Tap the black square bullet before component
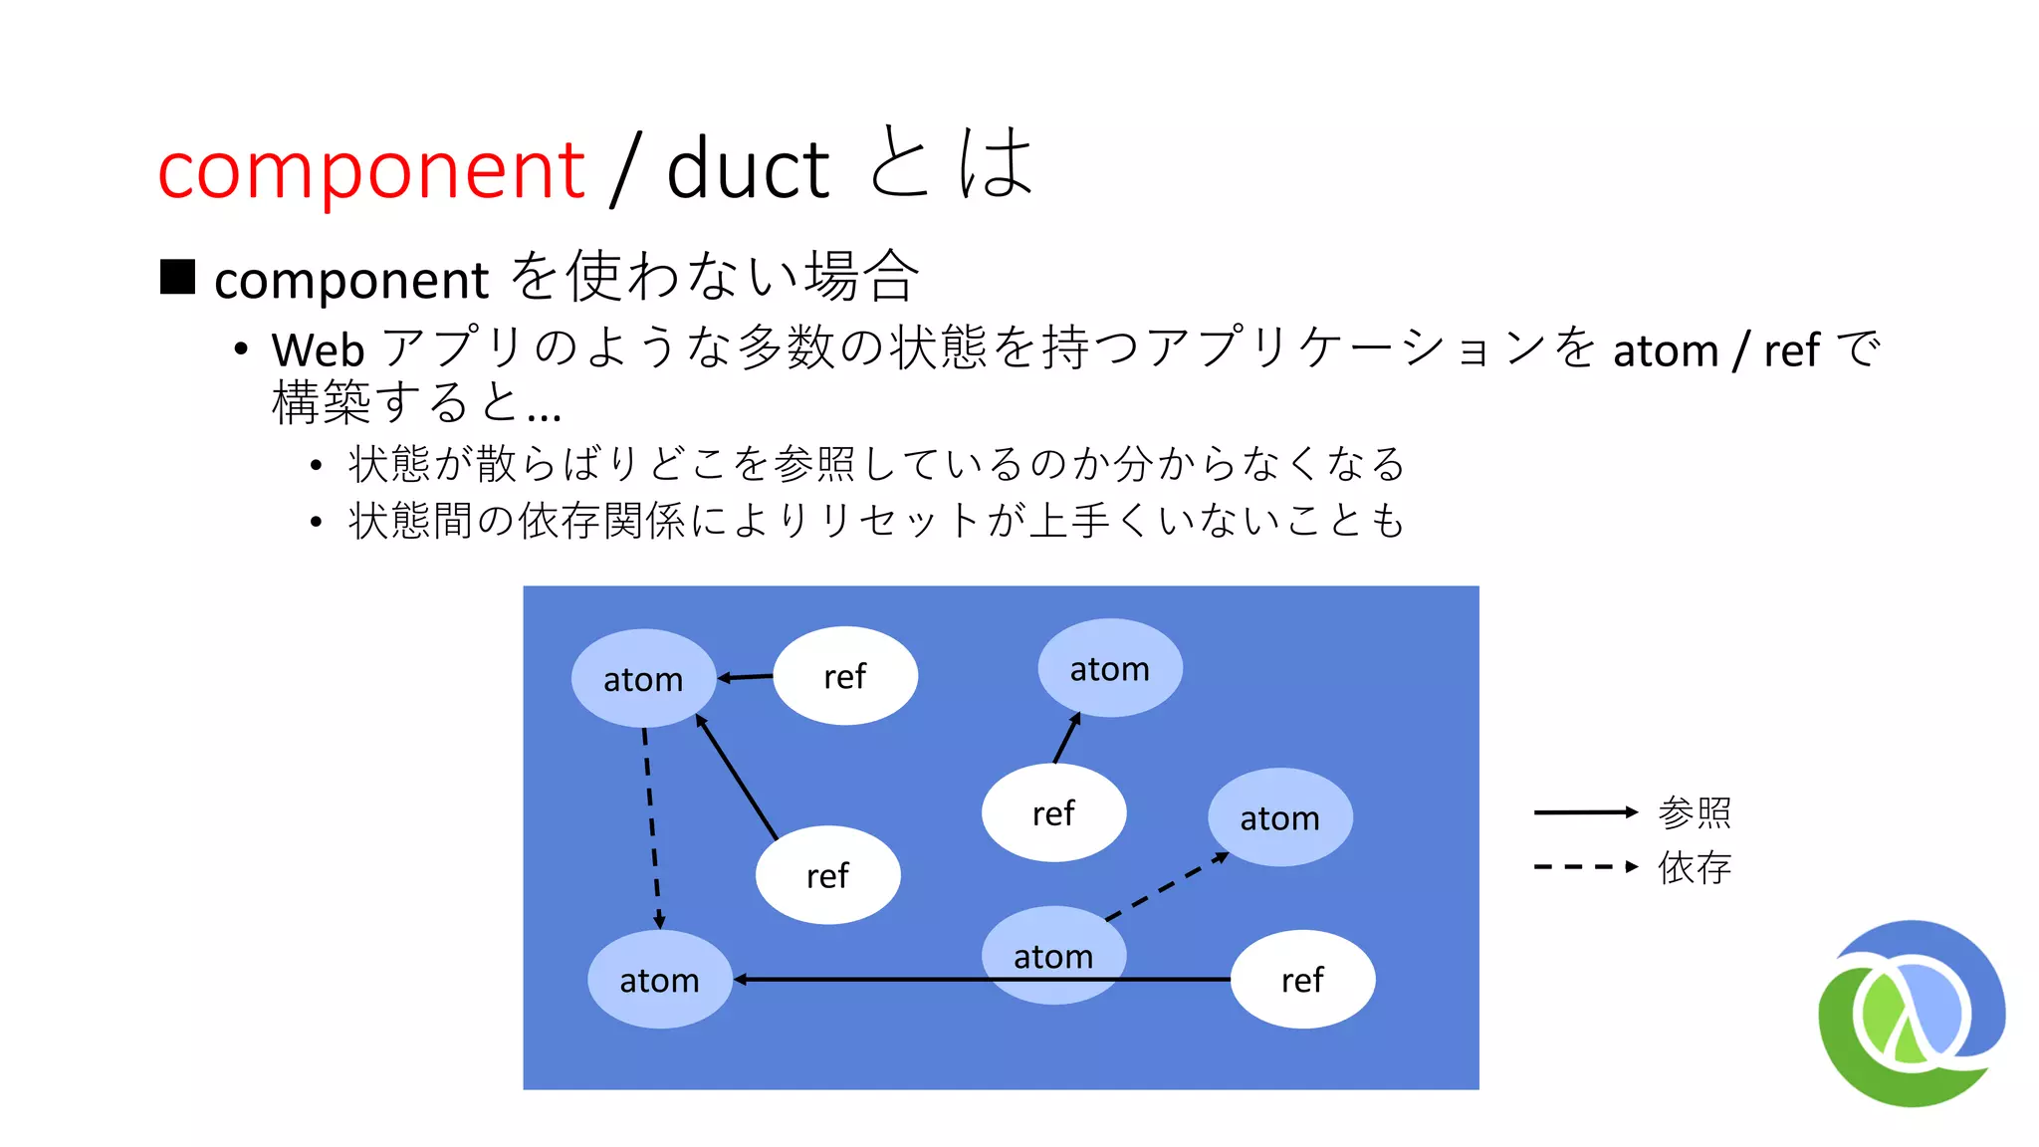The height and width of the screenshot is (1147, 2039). [x=178, y=277]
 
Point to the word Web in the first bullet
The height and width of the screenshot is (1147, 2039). [x=318, y=350]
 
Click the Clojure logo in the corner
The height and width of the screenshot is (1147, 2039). [x=1912, y=1013]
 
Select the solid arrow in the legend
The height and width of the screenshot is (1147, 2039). [x=1585, y=812]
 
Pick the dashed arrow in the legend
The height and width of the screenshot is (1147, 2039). [x=1585, y=867]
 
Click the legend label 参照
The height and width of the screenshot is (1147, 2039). [x=1695, y=812]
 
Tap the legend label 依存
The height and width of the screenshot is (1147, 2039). [x=1695, y=867]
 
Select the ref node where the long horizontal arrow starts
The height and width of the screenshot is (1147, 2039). [x=1302, y=980]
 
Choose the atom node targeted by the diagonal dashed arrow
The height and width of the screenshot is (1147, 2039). [x=1279, y=817]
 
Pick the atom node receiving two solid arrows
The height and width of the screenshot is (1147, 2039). [x=643, y=679]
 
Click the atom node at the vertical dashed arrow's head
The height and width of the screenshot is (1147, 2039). [x=659, y=980]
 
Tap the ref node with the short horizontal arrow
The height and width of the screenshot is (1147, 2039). [x=845, y=676]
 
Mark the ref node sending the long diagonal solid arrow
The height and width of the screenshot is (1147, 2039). [x=827, y=875]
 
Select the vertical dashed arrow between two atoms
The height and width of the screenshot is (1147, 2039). [x=651, y=826]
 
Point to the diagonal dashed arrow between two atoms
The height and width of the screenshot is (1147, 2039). [x=1167, y=886]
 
